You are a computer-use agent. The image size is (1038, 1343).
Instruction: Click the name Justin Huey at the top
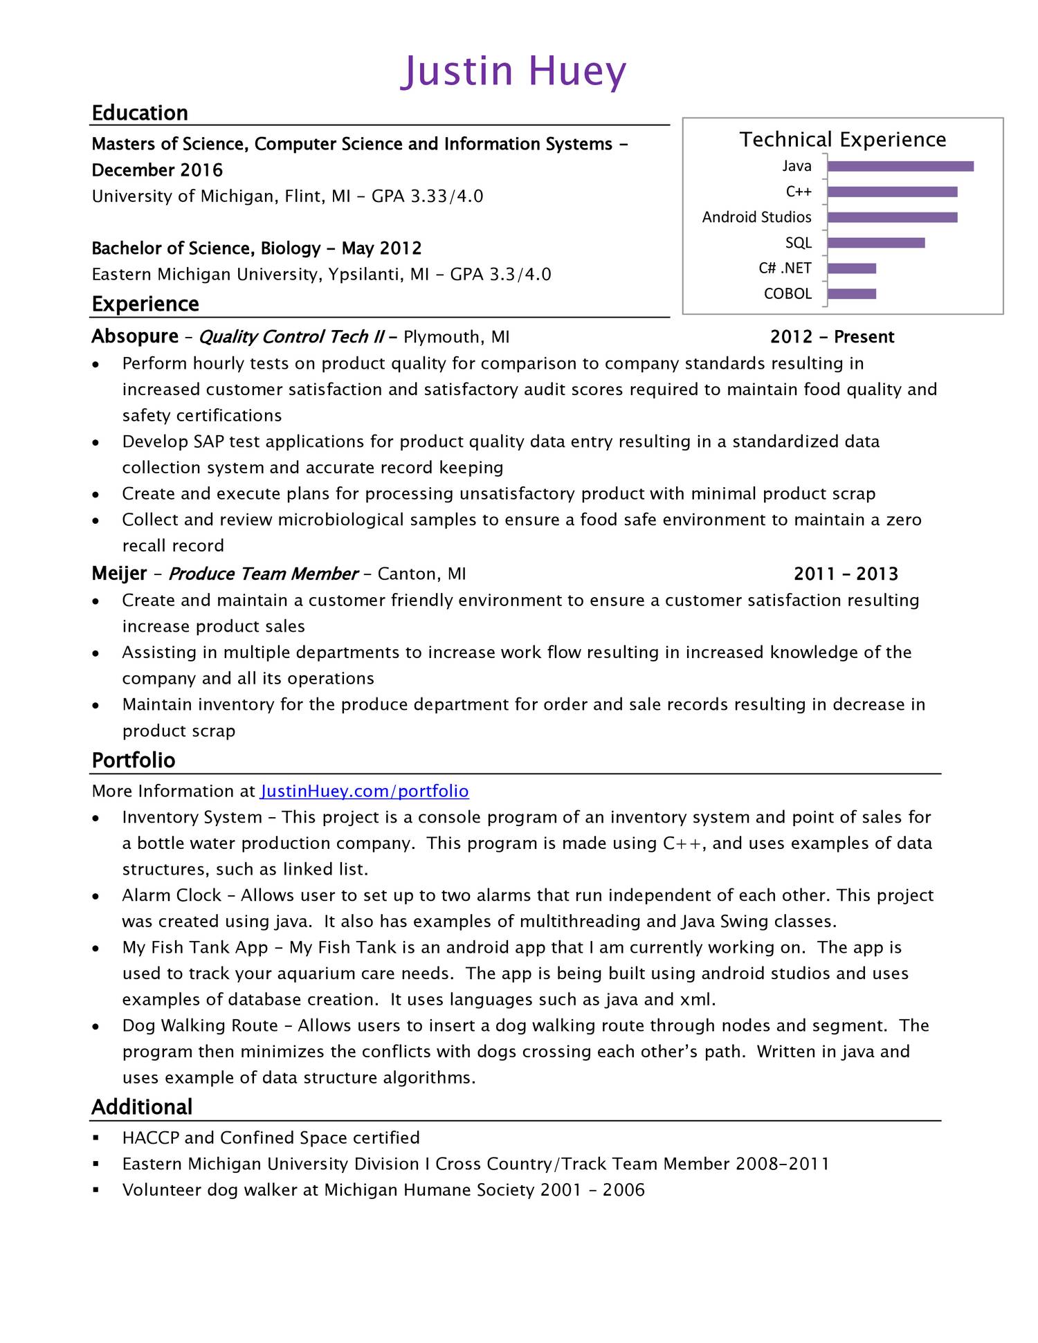513,71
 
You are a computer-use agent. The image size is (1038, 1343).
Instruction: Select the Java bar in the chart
900,166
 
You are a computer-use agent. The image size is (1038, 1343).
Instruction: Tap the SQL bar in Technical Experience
875,243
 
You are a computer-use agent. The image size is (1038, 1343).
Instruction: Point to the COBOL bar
851,294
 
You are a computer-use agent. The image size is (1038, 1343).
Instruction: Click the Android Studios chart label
756,217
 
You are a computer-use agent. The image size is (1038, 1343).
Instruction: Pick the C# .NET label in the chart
785,268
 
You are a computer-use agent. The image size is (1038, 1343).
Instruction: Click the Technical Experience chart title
842,140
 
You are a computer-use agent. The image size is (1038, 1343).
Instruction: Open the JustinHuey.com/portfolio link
365,792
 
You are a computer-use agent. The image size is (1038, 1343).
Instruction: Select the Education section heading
140,113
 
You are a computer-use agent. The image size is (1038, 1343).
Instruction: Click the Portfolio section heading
134,760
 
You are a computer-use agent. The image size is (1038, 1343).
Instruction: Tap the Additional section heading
142,1107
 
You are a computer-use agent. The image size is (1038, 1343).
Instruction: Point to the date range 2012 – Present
832,337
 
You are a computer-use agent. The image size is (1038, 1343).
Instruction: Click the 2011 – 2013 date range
846,574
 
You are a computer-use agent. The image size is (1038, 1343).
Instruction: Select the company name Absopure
135,336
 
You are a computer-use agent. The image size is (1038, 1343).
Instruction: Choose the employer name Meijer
119,574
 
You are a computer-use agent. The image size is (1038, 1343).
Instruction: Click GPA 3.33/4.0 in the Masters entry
427,197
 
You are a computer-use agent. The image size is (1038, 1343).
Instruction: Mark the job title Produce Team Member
263,574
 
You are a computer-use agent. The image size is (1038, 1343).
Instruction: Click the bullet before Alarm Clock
96,897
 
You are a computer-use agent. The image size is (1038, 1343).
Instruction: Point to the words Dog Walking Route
200,1026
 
